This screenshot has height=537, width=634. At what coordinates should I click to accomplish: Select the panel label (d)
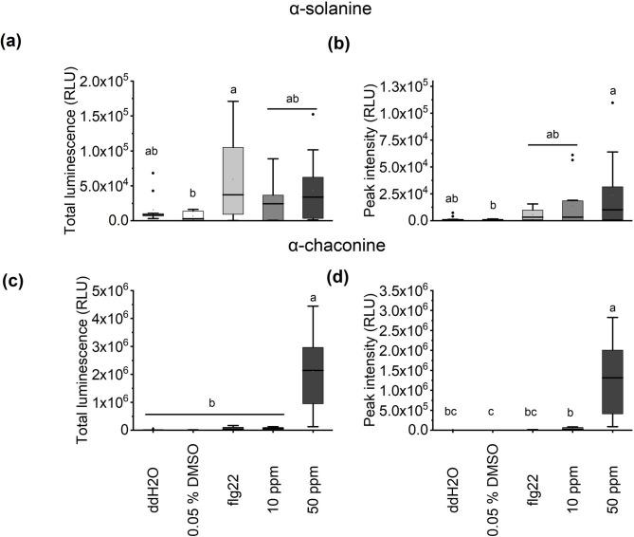335,277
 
